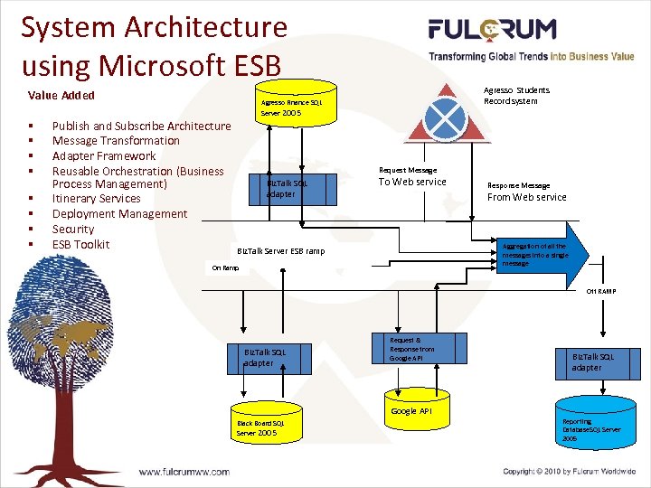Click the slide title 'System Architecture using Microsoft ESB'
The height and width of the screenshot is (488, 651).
pyautogui.click(x=154, y=45)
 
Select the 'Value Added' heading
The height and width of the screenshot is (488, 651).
pyautogui.click(x=61, y=95)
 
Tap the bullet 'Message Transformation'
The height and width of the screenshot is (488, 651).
pyautogui.click(x=116, y=140)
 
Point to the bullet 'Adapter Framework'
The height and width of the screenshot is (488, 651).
pyautogui.click(x=104, y=155)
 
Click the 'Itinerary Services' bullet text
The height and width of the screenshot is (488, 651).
pyautogui.click(x=97, y=199)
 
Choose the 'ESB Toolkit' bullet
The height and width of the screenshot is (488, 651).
pyautogui.click(x=80, y=244)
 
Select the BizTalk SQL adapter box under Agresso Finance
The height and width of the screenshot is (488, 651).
pyautogui.click(x=287, y=189)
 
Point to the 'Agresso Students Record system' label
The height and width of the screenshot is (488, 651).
pyautogui.click(x=516, y=95)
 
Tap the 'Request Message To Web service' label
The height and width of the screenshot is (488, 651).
pyautogui.click(x=411, y=176)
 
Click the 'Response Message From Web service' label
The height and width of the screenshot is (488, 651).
pyautogui.click(x=526, y=192)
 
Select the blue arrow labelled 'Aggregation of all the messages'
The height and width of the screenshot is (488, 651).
pyautogui.click(x=542, y=254)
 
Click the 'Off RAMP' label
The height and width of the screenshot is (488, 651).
pyautogui.click(x=600, y=291)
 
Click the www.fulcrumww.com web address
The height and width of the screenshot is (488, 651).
pyautogui.click(x=184, y=471)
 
